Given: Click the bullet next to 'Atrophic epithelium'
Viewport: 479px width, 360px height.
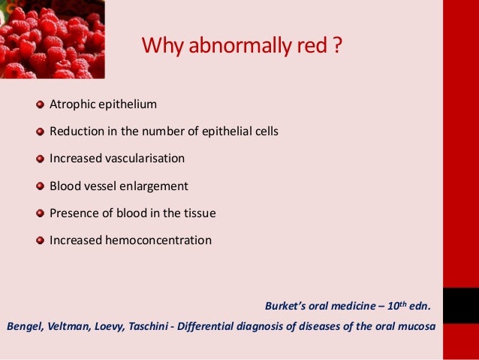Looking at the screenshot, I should click(41, 104).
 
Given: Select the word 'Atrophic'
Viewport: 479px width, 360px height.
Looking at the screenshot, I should click(72, 104).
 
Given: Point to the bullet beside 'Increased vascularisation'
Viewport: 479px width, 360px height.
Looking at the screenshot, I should click(41, 159).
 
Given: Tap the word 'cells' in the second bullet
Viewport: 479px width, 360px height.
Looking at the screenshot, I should click(264, 132).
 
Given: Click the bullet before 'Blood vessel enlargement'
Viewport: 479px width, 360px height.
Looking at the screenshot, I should click(41, 186).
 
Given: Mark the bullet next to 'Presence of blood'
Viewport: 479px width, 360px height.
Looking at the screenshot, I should click(41, 213).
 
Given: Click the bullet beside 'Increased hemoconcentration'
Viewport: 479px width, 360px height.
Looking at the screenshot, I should click(41, 241).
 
